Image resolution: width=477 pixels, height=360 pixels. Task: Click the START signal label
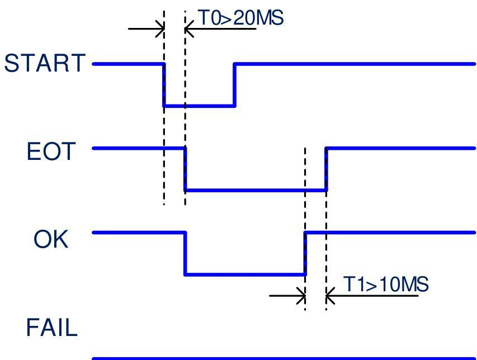tap(45, 63)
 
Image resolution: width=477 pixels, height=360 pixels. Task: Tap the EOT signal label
tap(51, 151)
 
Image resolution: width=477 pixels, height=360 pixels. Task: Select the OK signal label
tap(51, 239)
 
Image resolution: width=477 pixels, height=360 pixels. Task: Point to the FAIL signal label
tap(51, 328)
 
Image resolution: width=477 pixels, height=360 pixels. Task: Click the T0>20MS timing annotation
tap(241, 18)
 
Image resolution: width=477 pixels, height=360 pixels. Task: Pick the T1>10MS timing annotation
tap(386, 285)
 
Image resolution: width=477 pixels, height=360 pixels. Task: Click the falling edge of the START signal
tap(164, 85)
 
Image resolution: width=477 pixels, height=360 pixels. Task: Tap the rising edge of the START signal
tap(234, 85)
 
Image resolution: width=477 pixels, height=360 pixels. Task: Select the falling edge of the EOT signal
tap(185, 169)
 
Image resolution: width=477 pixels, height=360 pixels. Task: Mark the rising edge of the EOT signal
tap(326, 169)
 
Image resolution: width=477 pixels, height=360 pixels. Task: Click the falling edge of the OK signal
tap(185, 254)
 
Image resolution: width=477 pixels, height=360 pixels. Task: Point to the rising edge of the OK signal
tap(305, 254)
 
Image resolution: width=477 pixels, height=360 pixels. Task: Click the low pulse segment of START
tap(199, 106)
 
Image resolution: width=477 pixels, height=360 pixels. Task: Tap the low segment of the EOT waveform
tap(256, 190)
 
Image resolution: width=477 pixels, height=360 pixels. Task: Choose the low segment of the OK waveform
tap(245, 274)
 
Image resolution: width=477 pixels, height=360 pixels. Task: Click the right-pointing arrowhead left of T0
tap(160, 29)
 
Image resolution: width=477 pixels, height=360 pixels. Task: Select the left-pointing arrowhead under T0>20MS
tap(189, 29)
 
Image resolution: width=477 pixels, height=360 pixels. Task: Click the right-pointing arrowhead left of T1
tap(301, 296)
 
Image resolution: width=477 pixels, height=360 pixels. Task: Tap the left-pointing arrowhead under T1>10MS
tap(330, 296)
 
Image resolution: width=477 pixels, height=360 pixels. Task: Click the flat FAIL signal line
tap(284, 358)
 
